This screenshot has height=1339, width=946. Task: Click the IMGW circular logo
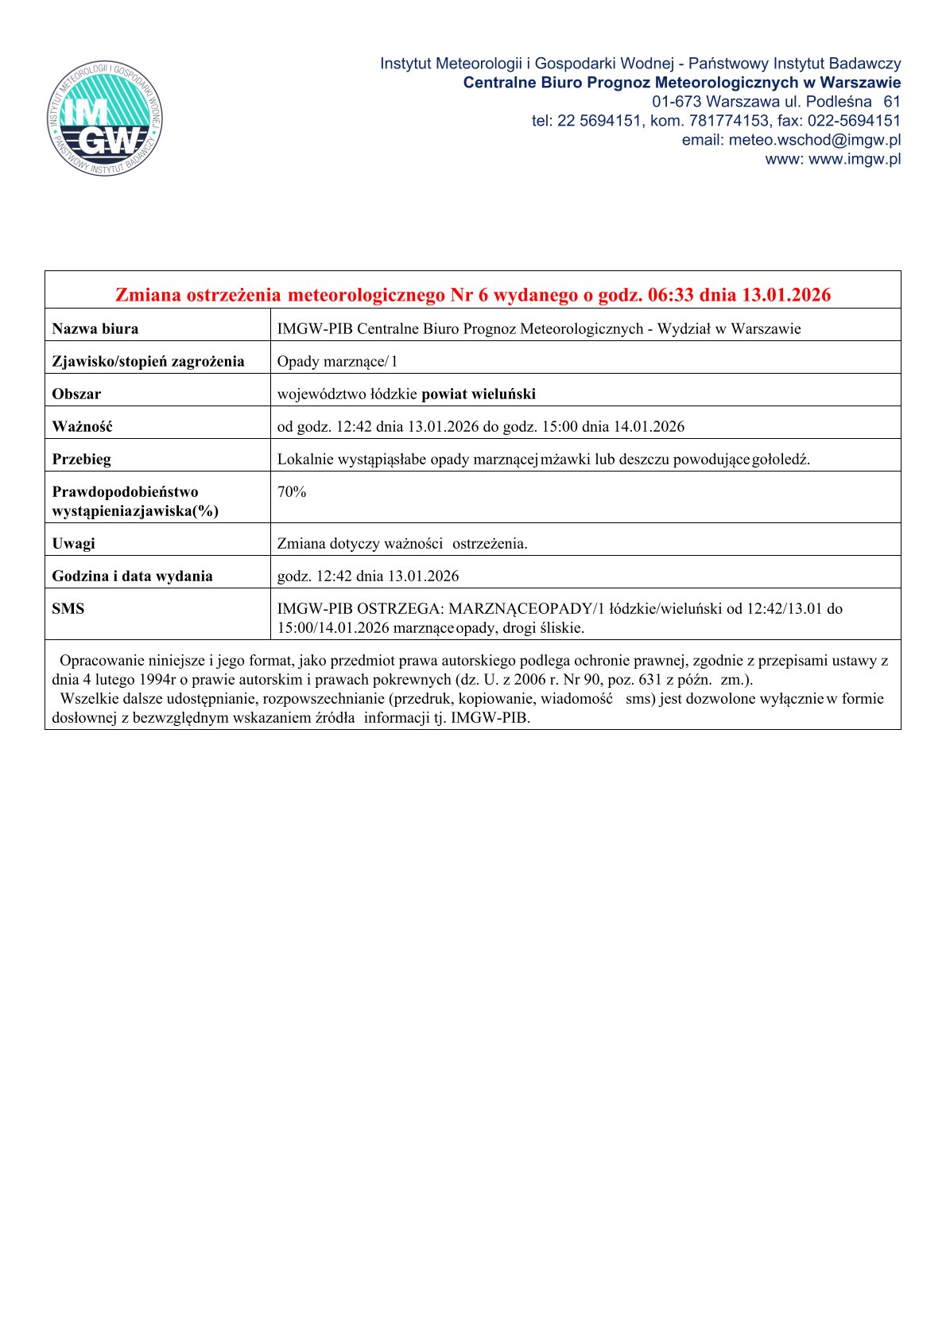coord(105,119)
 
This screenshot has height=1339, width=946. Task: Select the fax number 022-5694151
coord(855,121)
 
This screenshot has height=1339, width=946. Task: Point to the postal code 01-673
coord(676,102)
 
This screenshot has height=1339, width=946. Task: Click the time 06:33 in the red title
coord(671,295)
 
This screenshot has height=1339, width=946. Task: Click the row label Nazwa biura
coord(95,328)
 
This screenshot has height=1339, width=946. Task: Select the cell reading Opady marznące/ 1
coord(337,362)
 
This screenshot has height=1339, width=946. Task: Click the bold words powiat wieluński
coord(479,394)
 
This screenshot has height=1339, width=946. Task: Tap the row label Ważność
coord(82,427)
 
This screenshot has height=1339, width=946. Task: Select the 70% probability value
coord(291,492)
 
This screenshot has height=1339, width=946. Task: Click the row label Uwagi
coord(73,544)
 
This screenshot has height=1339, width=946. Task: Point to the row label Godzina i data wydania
coord(132,576)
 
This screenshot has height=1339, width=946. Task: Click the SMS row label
coord(68,609)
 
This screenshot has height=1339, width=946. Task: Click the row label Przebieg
coord(81,460)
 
